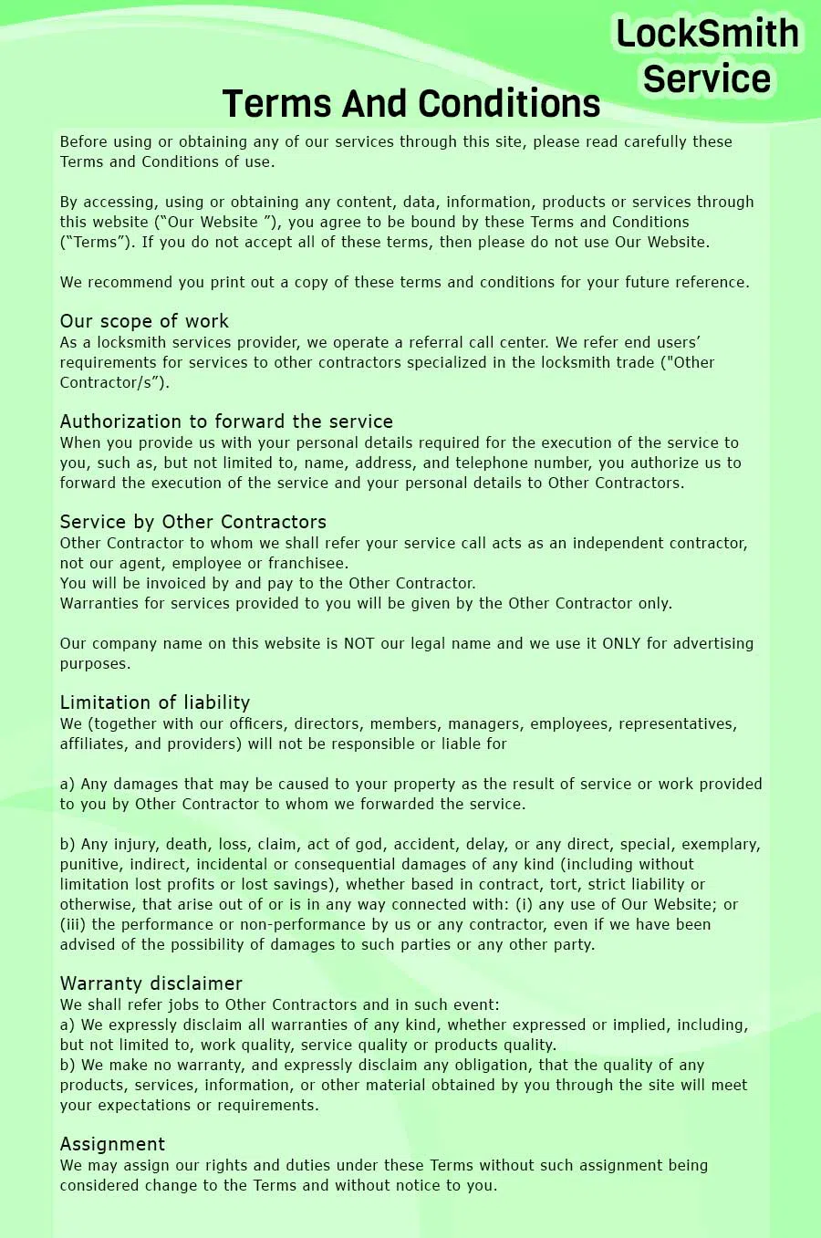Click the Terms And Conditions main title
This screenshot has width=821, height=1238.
(x=410, y=104)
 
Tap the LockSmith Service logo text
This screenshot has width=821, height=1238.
(x=707, y=57)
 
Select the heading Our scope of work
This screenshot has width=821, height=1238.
(x=144, y=321)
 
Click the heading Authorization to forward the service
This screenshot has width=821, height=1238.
(x=226, y=421)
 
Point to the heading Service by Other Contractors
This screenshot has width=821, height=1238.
(x=192, y=522)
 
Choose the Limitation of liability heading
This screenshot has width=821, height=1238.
(x=155, y=702)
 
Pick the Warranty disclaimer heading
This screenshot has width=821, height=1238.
(x=151, y=983)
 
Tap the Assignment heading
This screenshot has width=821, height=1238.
(x=112, y=1144)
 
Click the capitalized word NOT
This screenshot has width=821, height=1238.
(x=359, y=643)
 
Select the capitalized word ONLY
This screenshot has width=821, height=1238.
(x=621, y=643)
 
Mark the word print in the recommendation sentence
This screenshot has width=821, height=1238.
(x=230, y=282)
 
